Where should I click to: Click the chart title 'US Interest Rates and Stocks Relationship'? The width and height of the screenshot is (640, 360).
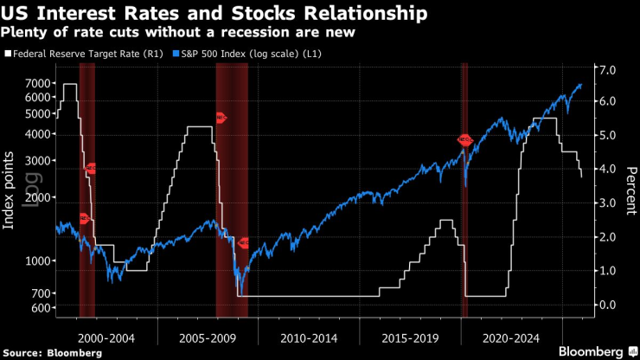214,14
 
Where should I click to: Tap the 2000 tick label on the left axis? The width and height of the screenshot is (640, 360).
35,197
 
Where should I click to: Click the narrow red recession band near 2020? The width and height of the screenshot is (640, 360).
464,190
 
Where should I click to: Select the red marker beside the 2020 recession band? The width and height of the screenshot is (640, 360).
464,139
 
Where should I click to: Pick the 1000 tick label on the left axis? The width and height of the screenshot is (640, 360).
35,261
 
